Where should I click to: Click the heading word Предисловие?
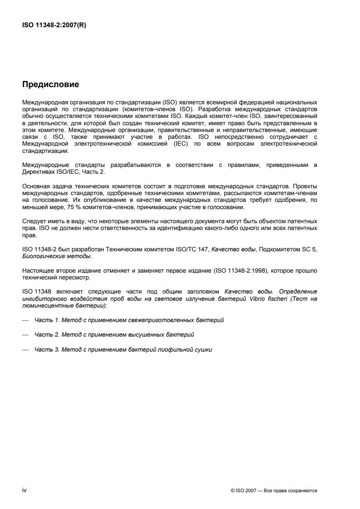point(50,84)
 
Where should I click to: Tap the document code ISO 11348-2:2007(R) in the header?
point(54,25)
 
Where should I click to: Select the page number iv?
point(25,490)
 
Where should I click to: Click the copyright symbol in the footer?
point(233,491)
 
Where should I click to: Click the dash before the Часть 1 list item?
point(25,320)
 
